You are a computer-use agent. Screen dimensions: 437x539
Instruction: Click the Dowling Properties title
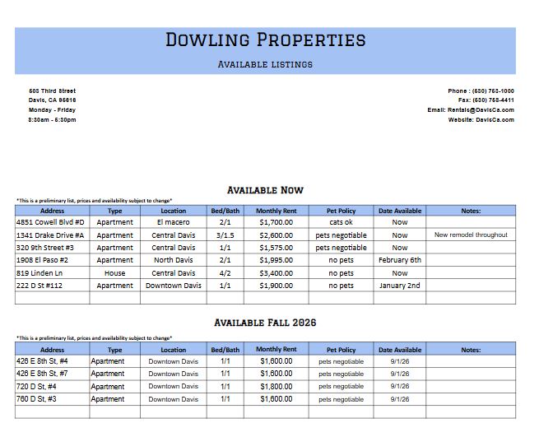(x=265, y=40)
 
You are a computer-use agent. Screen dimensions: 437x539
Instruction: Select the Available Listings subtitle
(x=265, y=64)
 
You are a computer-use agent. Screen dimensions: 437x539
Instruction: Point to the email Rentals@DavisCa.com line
(x=471, y=109)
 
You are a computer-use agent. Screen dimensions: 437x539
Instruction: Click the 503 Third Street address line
(x=52, y=91)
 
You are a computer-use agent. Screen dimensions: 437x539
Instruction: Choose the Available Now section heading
(x=265, y=190)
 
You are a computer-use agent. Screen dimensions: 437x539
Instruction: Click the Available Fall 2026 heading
(x=265, y=323)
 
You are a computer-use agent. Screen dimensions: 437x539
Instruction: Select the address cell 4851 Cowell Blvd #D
(x=50, y=222)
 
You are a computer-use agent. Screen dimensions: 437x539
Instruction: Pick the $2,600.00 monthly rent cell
(x=276, y=235)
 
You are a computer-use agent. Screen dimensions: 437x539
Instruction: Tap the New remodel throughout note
(x=471, y=235)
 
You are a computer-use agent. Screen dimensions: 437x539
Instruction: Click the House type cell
(x=114, y=273)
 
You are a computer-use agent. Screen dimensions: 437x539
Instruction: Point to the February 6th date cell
(x=399, y=260)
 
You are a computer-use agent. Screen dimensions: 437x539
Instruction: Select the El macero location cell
(x=174, y=222)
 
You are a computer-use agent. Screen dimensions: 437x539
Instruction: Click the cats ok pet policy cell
(x=341, y=222)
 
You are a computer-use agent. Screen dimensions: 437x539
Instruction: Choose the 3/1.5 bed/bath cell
(x=225, y=235)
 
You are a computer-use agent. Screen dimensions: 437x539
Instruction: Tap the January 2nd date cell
(x=399, y=286)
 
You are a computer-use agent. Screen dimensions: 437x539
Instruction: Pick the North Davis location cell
(x=174, y=260)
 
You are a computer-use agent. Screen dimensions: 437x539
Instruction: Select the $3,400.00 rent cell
(x=276, y=273)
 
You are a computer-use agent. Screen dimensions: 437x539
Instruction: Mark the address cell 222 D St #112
(x=45, y=286)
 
